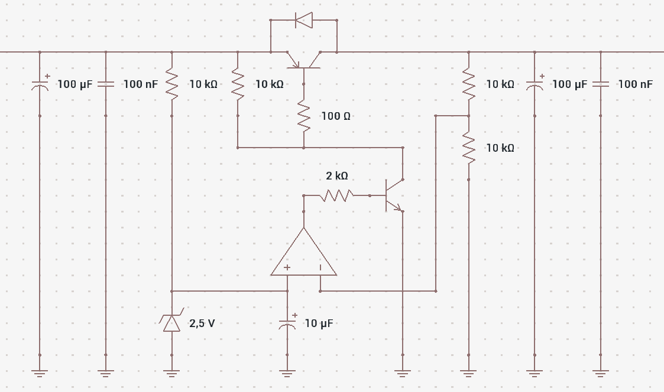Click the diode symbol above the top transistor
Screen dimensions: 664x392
(x=304, y=20)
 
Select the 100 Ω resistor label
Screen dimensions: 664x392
(x=336, y=116)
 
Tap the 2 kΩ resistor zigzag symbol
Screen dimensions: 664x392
(x=336, y=195)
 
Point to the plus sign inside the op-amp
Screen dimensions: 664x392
(x=287, y=267)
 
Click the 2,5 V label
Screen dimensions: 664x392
(x=202, y=324)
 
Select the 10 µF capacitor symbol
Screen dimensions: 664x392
(x=287, y=322)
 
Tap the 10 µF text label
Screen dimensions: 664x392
(x=319, y=324)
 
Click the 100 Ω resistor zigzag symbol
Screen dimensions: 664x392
(x=304, y=116)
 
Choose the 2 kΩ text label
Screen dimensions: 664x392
(x=337, y=176)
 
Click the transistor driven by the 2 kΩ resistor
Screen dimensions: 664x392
(x=394, y=195)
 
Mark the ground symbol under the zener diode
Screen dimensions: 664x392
(x=171, y=373)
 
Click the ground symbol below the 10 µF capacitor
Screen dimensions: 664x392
(x=287, y=373)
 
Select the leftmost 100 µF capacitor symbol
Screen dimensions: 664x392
(x=40, y=84)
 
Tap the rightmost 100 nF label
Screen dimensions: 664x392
(x=635, y=84)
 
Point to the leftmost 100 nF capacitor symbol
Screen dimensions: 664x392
(x=106, y=84)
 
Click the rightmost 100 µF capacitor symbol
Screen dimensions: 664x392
(x=535, y=84)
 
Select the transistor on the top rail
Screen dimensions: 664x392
(x=304, y=60)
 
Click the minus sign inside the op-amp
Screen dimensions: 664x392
(x=320, y=267)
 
